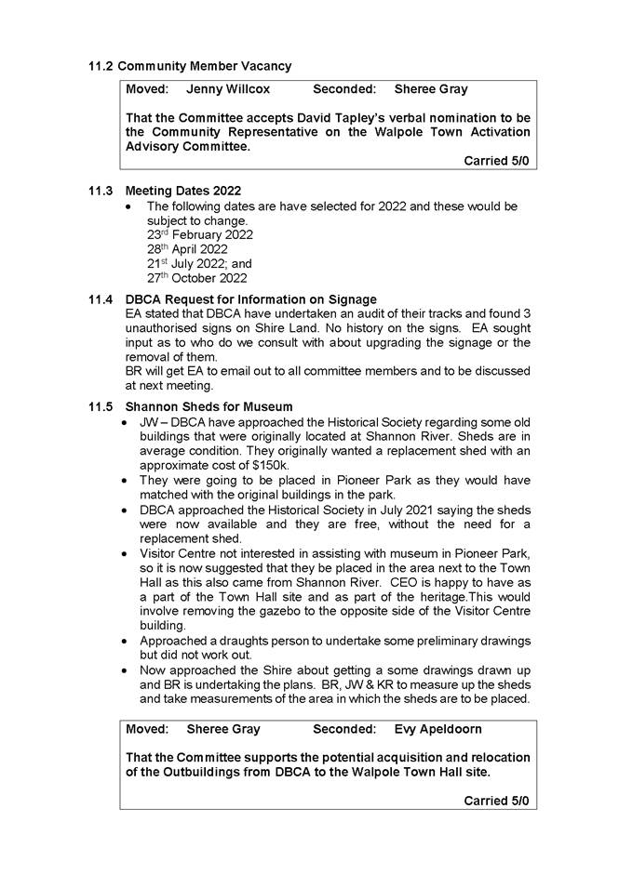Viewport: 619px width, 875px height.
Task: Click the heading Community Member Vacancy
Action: pos(204,66)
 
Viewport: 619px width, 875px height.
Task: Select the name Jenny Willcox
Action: pos(228,89)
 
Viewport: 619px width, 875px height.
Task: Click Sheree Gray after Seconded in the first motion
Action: pos(431,89)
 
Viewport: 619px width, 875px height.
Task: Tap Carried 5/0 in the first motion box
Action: pos(496,161)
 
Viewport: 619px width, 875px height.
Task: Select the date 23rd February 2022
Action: pos(199,235)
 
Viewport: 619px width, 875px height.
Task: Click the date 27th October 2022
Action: pos(196,278)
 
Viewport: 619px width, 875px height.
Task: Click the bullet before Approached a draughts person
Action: pos(128,642)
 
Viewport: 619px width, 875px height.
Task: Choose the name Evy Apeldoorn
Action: pos(439,729)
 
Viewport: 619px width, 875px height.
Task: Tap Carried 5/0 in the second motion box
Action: pos(496,800)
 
